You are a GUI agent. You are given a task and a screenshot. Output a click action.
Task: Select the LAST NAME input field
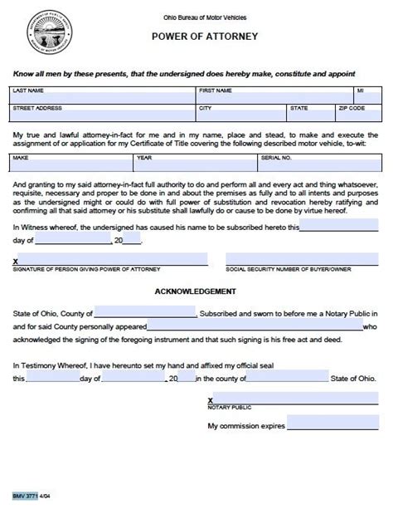pyautogui.click(x=103, y=97)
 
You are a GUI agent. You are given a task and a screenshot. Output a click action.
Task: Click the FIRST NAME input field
pyautogui.click(x=274, y=97)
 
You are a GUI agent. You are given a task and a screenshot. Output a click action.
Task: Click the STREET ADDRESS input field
pyautogui.click(x=103, y=117)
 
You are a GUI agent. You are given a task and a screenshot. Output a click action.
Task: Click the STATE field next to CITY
pyautogui.click(x=310, y=117)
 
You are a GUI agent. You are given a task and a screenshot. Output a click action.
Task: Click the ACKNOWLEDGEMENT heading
pyautogui.click(x=196, y=291)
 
